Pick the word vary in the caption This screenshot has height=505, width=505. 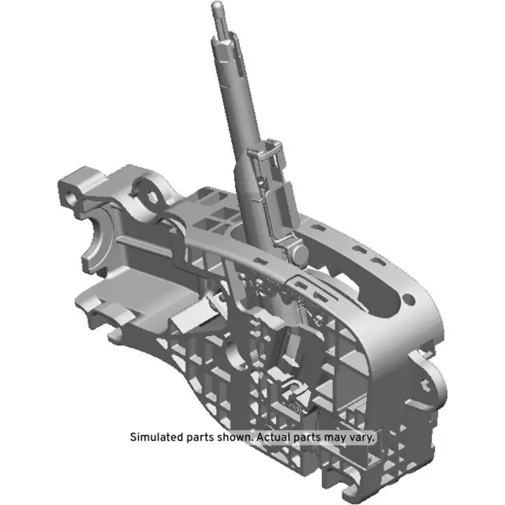364,436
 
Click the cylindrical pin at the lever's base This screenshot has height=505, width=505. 298,253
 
